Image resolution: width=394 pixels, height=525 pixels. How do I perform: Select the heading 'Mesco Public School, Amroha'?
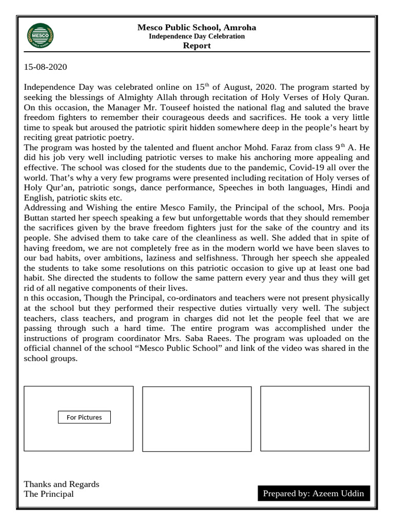click(197, 27)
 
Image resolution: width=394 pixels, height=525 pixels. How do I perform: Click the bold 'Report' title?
click(197, 46)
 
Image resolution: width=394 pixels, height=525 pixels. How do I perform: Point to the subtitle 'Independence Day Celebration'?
click(197, 36)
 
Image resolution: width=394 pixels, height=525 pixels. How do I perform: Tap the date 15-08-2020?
click(46, 67)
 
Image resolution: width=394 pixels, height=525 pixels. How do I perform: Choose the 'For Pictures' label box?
click(84, 417)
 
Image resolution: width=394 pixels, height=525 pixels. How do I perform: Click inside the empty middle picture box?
click(196, 419)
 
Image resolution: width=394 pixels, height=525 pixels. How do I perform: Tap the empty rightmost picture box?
click(315, 418)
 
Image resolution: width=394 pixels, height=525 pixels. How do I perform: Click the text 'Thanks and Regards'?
click(62, 484)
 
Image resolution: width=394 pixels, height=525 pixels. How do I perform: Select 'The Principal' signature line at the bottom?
click(49, 494)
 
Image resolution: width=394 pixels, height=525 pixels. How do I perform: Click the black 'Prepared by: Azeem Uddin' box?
click(313, 493)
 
